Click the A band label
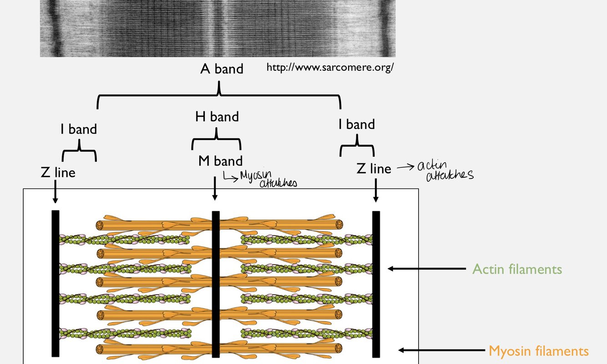coord(222,69)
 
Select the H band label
coord(217,117)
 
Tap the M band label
coord(220,161)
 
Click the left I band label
coord(79,130)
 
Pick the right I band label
coord(356,125)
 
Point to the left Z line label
coord(58,173)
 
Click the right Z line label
coord(374,169)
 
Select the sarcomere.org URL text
coord(330,68)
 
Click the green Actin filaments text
coord(517,269)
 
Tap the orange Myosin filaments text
coord(538,351)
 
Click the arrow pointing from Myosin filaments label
coord(441,350)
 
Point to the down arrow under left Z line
coord(55,191)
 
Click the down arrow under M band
coord(215,189)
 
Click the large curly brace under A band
coord(219,95)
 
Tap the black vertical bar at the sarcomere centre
coord(216,284)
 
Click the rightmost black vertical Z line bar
coord(376,284)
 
